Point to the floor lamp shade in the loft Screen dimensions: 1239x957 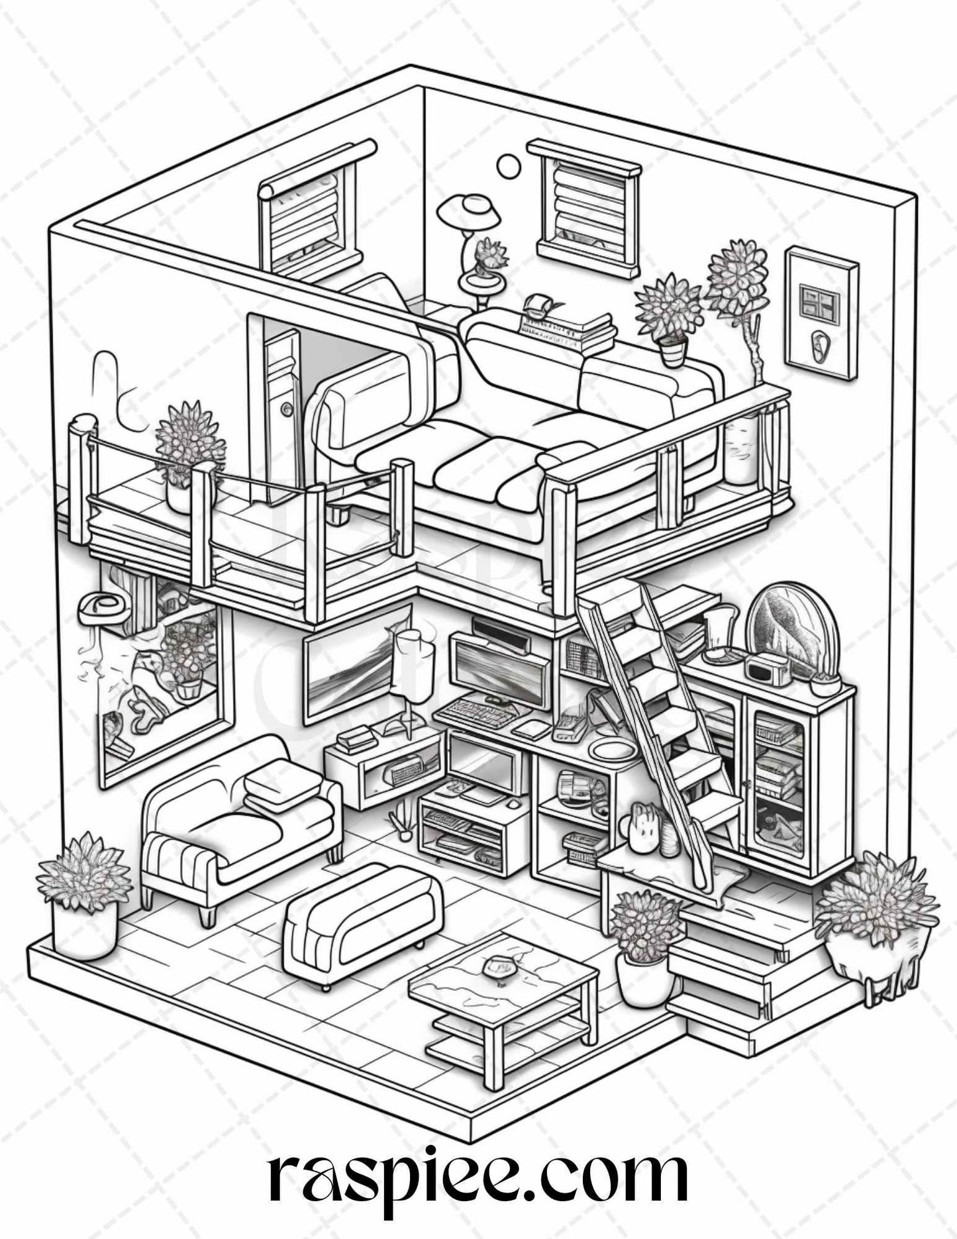coord(472,207)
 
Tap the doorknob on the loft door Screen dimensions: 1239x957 coord(285,410)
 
